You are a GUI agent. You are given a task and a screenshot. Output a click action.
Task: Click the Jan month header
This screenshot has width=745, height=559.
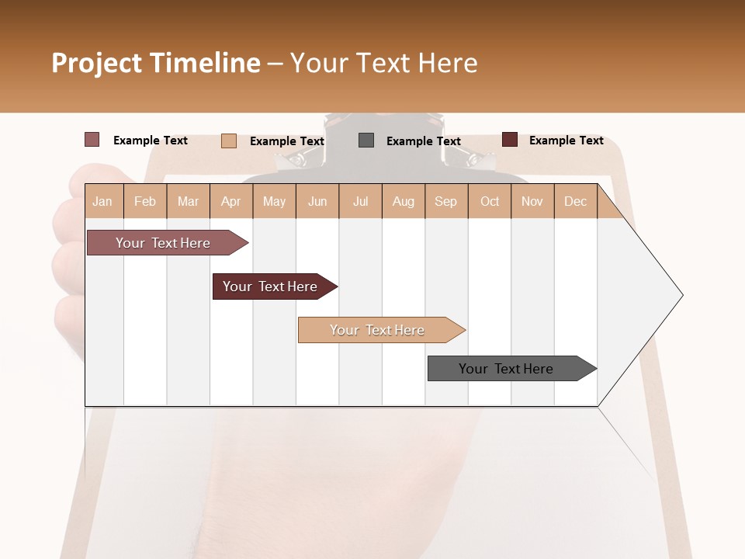(103, 201)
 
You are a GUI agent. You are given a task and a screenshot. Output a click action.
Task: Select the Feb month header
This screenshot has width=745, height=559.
(145, 201)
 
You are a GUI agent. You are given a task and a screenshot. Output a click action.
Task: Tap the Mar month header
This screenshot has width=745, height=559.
(188, 201)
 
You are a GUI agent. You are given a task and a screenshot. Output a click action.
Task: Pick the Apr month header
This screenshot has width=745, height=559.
(231, 201)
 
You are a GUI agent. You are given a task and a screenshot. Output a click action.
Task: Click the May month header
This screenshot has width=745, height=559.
(274, 201)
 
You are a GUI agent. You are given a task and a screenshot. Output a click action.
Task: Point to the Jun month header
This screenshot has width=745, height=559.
(317, 201)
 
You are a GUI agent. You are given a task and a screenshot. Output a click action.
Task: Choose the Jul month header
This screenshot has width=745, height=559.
(360, 201)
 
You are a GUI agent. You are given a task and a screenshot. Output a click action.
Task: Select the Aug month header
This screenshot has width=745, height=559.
(404, 201)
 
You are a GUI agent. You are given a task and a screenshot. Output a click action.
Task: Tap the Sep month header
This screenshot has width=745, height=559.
(446, 201)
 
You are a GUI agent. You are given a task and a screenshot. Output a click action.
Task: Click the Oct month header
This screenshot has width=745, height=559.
(490, 201)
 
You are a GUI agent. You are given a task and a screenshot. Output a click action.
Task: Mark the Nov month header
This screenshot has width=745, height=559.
(532, 201)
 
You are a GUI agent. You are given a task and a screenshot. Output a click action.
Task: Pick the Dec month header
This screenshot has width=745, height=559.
(575, 201)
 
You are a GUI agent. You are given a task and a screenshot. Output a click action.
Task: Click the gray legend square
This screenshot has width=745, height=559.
(366, 141)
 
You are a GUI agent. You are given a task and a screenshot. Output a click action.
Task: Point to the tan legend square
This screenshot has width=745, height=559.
(229, 141)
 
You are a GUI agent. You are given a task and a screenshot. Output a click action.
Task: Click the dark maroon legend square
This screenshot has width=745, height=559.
(510, 140)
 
